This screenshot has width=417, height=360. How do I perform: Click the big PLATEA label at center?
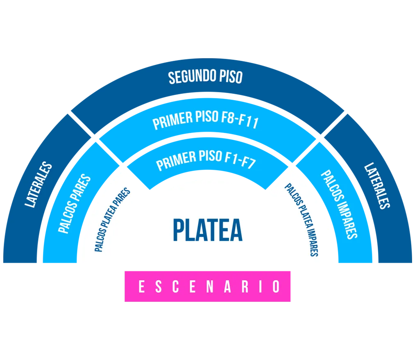pyautogui.click(x=208, y=230)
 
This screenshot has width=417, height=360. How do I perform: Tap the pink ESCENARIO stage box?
pyautogui.click(x=207, y=286)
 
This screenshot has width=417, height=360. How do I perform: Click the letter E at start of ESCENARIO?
pyautogui.click(x=141, y=287)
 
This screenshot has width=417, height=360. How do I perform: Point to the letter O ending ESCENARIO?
pyautogui.click(x=276, y=287)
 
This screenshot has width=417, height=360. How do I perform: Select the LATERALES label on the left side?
pyautogui.click(x=39, y=184)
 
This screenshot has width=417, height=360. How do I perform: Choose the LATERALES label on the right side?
pyautogui.click(x=377, y=186)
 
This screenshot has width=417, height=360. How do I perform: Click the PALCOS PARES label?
pyautogui.click(x=75, y=204)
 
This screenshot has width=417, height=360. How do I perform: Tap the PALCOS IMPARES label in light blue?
pyautogui.click(x=339, y=205)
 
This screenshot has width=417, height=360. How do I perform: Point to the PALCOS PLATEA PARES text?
pyautogui.click(x=113, y=220)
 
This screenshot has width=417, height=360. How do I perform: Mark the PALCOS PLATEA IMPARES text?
pyautogui.click(x=301, y=220)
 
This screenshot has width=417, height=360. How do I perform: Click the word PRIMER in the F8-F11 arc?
pyautogui.click(x=172, y=121)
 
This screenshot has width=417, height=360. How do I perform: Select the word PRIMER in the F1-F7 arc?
pyautogui.click(x=176, y=161)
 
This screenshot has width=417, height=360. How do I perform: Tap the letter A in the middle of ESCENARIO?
pyautogui.click(x=227, y=287)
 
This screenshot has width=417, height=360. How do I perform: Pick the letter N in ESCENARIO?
pyautogui.click(x=210, y=287)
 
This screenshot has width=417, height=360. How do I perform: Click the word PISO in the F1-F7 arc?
pyautogui.click(x=211, y=156)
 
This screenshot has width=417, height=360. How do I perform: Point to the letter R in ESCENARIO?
pyautogui.click(x=245, y=287)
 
